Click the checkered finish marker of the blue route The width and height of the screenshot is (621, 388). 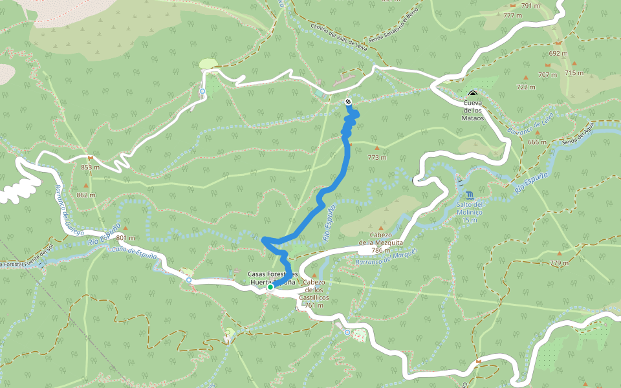[349, 102]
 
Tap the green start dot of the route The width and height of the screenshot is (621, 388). [270, 286]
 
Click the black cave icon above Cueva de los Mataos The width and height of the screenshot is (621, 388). [472, 94]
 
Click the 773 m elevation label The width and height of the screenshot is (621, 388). [377, 157]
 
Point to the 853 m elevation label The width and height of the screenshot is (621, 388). [91, 167]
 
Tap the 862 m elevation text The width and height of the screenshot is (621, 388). [85, 195]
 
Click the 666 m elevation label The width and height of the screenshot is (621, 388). [537, 142]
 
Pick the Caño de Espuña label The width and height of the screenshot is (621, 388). [135, 252]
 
